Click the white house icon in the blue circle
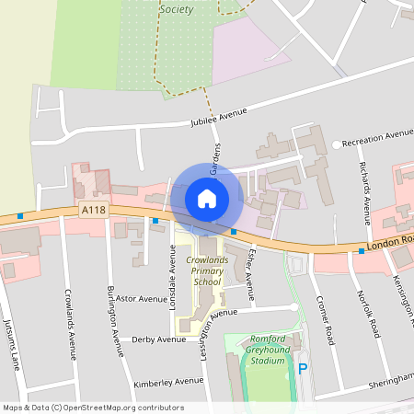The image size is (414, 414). click(x=207, y=198)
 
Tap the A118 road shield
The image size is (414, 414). click(x=93, y=210)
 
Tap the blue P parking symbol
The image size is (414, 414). click(x=303, y=370)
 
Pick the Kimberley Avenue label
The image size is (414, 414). click(x=169, y=380)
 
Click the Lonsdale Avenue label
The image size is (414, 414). click(x=172, y=272)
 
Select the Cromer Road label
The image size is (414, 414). click(x=323, y=303)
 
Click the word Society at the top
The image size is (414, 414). click(x=177, y=9)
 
